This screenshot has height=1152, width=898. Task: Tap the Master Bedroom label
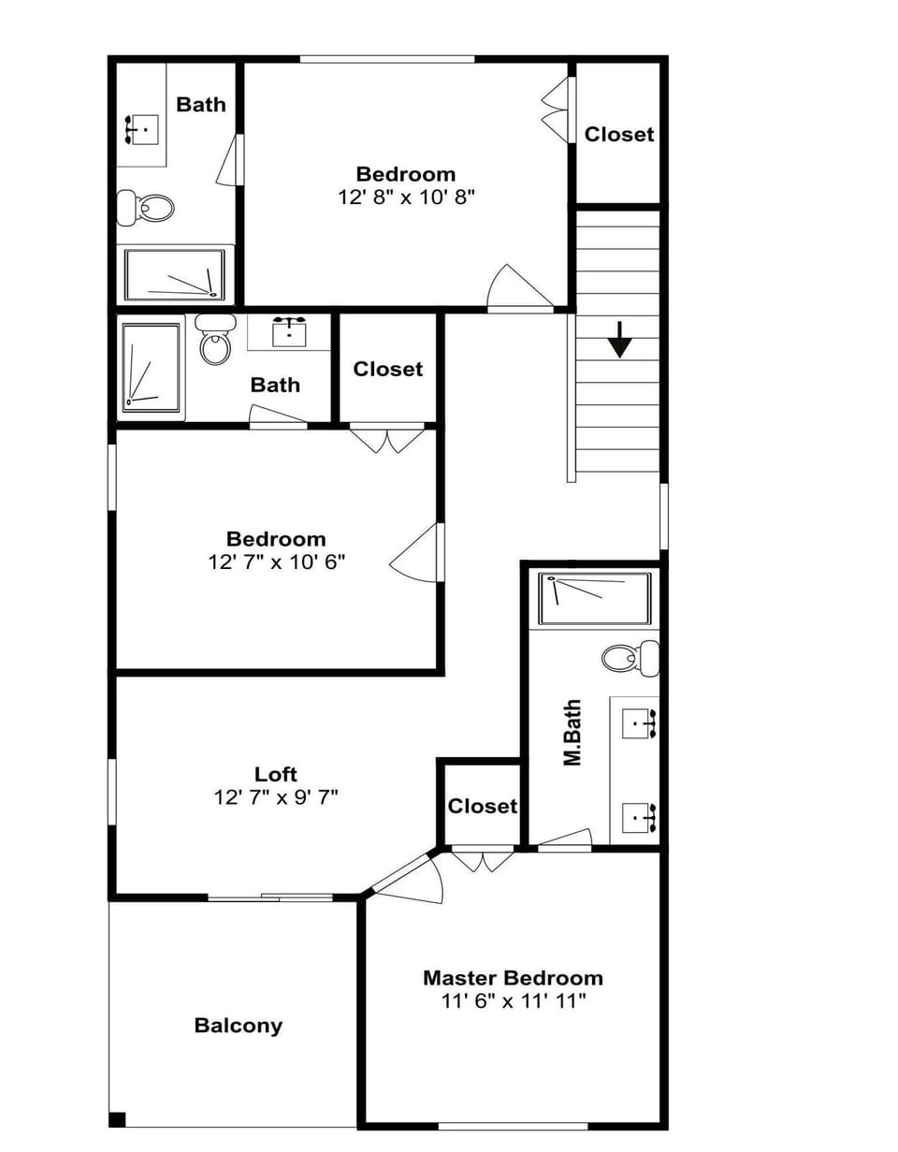coord(513,978)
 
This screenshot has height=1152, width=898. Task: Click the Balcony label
coord(238,1026)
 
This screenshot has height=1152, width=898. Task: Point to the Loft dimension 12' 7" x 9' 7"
coord(275,797)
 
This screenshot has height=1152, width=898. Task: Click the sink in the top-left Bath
coord(142,130)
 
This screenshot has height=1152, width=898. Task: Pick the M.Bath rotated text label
coord(572,733)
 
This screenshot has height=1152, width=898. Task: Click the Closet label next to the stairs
coord(618,135)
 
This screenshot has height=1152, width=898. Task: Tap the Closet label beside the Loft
coord(482,807)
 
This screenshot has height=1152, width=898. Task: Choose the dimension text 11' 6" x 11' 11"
coord(513,1001)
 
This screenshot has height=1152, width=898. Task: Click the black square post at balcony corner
coord(117,1119)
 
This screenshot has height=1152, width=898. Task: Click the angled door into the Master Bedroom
coord(407,879)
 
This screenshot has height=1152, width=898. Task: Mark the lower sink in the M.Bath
coord(640,817)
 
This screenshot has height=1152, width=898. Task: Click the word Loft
coord(276,774)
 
